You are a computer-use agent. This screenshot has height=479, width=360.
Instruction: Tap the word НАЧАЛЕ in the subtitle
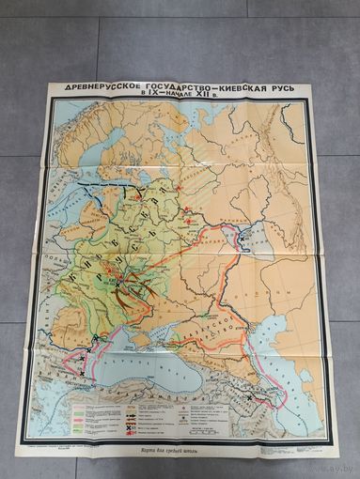click(x=180, y=98)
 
